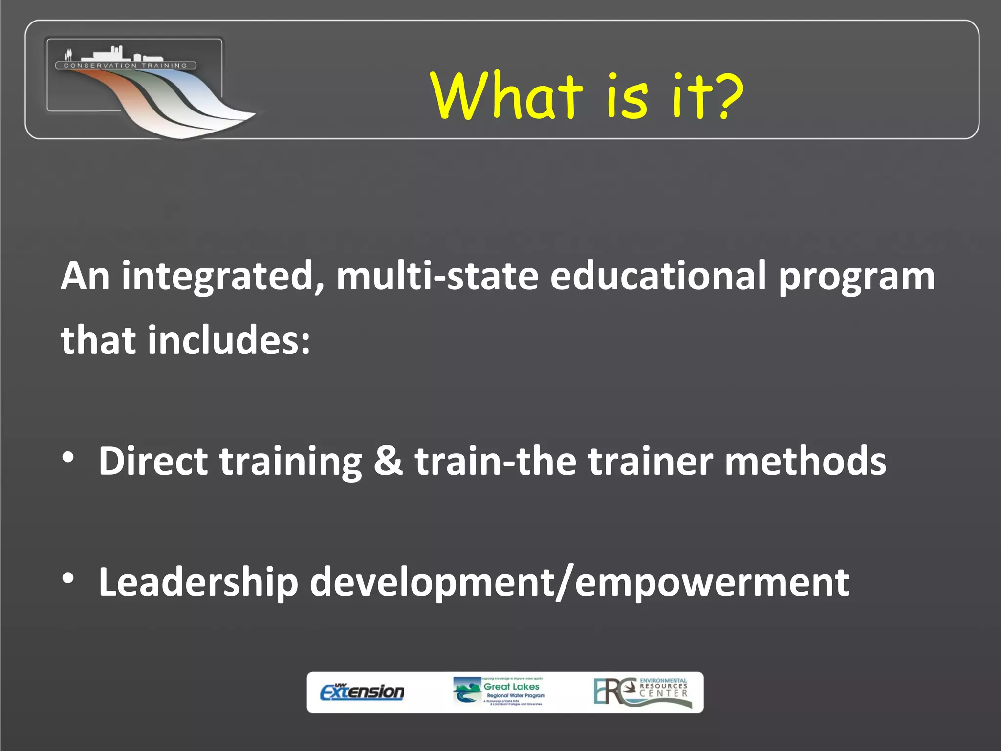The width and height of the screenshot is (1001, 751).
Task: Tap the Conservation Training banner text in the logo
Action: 126,66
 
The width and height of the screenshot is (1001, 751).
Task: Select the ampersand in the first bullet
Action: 388,461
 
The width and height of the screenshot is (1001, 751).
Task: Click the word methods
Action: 805,461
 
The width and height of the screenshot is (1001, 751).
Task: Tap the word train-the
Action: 495,461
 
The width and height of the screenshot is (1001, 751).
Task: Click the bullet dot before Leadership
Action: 68,578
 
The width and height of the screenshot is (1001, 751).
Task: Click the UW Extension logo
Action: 362,692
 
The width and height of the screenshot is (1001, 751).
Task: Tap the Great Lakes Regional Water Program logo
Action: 499,692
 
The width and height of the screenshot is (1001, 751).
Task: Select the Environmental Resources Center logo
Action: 642,692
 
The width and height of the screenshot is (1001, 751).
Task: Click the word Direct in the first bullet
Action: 153,461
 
